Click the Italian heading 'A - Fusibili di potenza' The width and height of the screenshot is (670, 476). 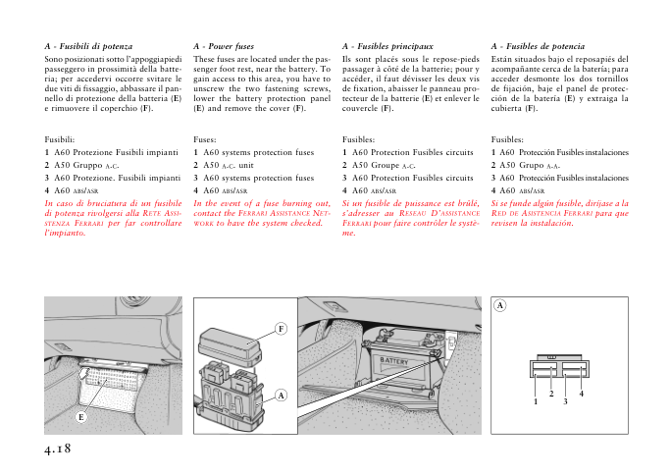(96, 46)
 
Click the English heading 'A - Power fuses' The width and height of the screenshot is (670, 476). (225, 46)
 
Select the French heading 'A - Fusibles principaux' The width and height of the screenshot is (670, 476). (387, 46)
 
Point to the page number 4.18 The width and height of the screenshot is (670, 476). (58, 448)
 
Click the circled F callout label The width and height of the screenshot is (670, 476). (280, 327)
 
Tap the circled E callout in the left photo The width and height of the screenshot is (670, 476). (81, 417)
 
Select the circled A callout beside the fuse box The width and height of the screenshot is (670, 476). (281, 395)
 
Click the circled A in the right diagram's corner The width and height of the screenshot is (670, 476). (499, 305)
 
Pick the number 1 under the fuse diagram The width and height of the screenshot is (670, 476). (537, 401)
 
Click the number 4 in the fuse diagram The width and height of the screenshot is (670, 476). (582, 393)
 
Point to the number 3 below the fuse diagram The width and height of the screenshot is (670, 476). (566, 401)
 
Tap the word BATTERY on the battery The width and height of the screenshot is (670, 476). (393, 361)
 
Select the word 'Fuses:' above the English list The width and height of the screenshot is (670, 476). (206, 140)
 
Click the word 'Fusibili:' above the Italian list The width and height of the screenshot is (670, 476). (60, 140)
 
